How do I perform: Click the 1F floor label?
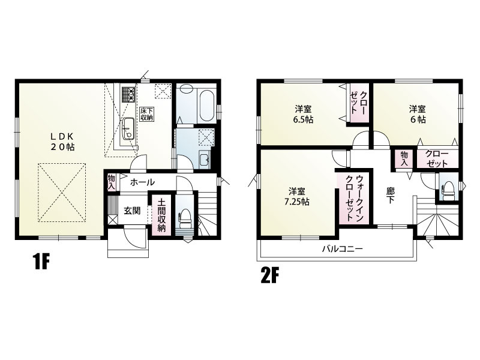[x=41, y=262]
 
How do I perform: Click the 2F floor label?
[x=271, y=275]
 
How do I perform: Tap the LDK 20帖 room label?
[x=62, y=142]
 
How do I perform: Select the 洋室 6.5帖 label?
[x=303, y=114]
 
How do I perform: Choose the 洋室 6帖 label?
[x=418, y=114]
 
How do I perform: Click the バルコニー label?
[x=342, y=248]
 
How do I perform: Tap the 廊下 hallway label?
[x=390, y=196]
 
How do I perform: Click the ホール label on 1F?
[x=142, y=182]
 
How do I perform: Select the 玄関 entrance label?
[x=132, y=211]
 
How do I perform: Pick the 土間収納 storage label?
[x=161, y=215]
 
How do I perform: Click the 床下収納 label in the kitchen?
[x=146, y=114]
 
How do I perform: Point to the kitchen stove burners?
[x=128, y=95]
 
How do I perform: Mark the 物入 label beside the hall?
[x=112, y=182]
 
